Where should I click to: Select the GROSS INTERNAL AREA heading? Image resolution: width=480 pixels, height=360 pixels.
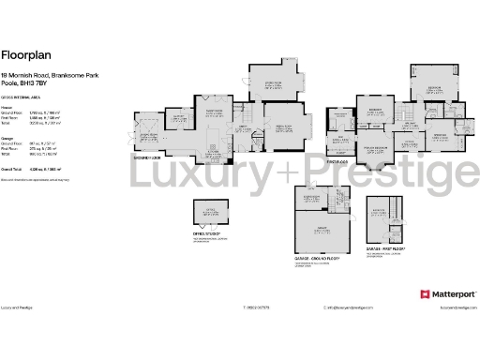point(21,97)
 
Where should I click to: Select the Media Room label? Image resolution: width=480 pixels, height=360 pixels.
point(279,124)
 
